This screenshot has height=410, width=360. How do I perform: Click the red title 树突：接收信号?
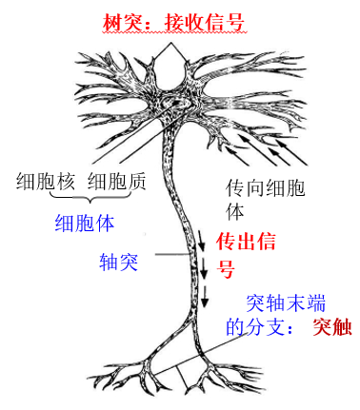[x=174, y=23]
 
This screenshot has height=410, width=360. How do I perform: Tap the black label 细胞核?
[x=46, y=181]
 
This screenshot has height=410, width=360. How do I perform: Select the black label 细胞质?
[x=117, y=181]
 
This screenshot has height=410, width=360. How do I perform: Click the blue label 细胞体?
[x=85, y=224]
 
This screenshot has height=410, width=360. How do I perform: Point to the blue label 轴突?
[x=118, y=262]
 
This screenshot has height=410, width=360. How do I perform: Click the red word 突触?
[x=332, y=326]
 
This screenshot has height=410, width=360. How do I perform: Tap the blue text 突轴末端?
[x=286, y=303]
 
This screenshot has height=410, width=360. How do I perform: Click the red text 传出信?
[x=246, y=242]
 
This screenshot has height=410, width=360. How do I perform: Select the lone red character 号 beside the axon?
[x=226, y=269]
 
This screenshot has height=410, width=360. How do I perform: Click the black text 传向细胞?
[x=265, y=188]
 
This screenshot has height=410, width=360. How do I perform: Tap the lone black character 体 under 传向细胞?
[x=235, y=211]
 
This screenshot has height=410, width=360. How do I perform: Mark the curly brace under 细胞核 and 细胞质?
[x=90, y=197]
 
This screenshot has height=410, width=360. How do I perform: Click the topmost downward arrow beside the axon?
[x=202, y=241]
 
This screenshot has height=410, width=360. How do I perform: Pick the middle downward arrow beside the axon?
[x=204, y=268]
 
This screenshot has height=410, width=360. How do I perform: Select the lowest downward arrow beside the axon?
[x=205, y=297]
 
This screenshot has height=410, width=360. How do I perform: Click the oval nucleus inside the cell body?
[x=174, y=104]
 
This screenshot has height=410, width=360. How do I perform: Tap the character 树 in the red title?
[x=112, y=23]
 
